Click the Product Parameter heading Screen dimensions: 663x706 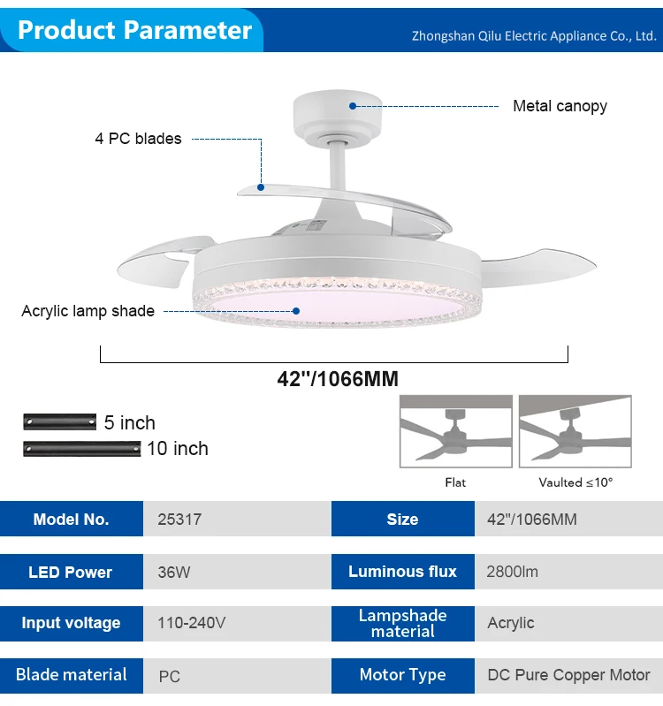pyautogui.click(x=134, y=30)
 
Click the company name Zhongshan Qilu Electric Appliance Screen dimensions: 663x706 pyautogui.click(x=534, y=36)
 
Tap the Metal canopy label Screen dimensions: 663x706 pyautogui.click(x=560, y=106)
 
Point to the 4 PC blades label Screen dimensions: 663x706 pyautogui.click(x=138, y=139)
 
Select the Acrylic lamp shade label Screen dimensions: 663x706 pyautogui.click(x=88, y=311)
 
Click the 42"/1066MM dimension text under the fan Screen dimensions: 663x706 pyautogui.click(x=337, y=379)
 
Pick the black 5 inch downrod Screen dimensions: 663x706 pyautogui.click(x=59, y=421)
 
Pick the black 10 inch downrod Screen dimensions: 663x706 pyautogui.click(x=81, y=448)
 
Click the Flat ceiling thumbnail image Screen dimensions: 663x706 pyautogui.click(x=455, y=431)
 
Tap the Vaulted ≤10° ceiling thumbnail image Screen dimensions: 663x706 pyautogui.click(x=575, y=431)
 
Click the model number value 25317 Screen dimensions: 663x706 pyautogui.click(x=179, y=520)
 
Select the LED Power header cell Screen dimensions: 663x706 pyautogui.click(x=71, y=573)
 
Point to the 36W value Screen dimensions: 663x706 pyautogui.click(x=174, y=573)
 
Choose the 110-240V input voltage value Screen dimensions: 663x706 pyautogui.click(x=191, y=623)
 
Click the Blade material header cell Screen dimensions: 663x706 pyautogui.click(x=71, y=675)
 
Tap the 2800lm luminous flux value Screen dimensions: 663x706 pyautogui.click(x=512, y=572)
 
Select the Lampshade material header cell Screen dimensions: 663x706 pyautogui.click(x=402, y=623)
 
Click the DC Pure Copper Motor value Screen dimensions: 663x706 pyautogui.click(x=568, y=675)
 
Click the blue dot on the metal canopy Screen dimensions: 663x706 pyautogui.click(x=352, y=106)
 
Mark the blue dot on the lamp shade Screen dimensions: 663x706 pyautogui.click(x=297, y=311)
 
